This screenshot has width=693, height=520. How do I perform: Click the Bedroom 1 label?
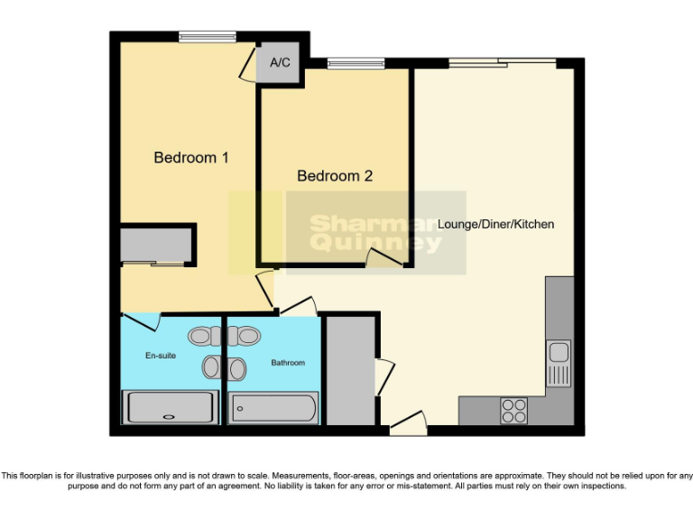tap(190, 157)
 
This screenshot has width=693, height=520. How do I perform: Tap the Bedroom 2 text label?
tap(335, 176)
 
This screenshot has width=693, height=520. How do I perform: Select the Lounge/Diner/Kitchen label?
tap(495, 224)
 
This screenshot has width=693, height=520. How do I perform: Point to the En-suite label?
tap(161, 356)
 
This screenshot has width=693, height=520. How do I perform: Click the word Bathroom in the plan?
tap(288, 363)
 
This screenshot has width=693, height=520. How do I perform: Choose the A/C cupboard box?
tap(280, 63)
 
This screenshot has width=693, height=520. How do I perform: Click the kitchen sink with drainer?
tap(559, 362)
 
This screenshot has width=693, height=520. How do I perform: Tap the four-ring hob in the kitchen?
tap(513, 411)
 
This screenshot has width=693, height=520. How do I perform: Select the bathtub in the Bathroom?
tap(273, 409)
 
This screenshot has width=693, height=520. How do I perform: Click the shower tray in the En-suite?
tap(170, 408)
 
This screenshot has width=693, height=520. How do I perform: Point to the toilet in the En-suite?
tap(203, 336)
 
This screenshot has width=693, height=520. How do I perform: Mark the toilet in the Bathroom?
tap(244, 336)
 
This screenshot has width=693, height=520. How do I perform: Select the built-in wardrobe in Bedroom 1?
tap(157, 246)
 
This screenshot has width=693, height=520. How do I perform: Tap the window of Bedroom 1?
tap(207, 37)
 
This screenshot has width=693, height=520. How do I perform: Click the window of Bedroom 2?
tap(356, 63)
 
